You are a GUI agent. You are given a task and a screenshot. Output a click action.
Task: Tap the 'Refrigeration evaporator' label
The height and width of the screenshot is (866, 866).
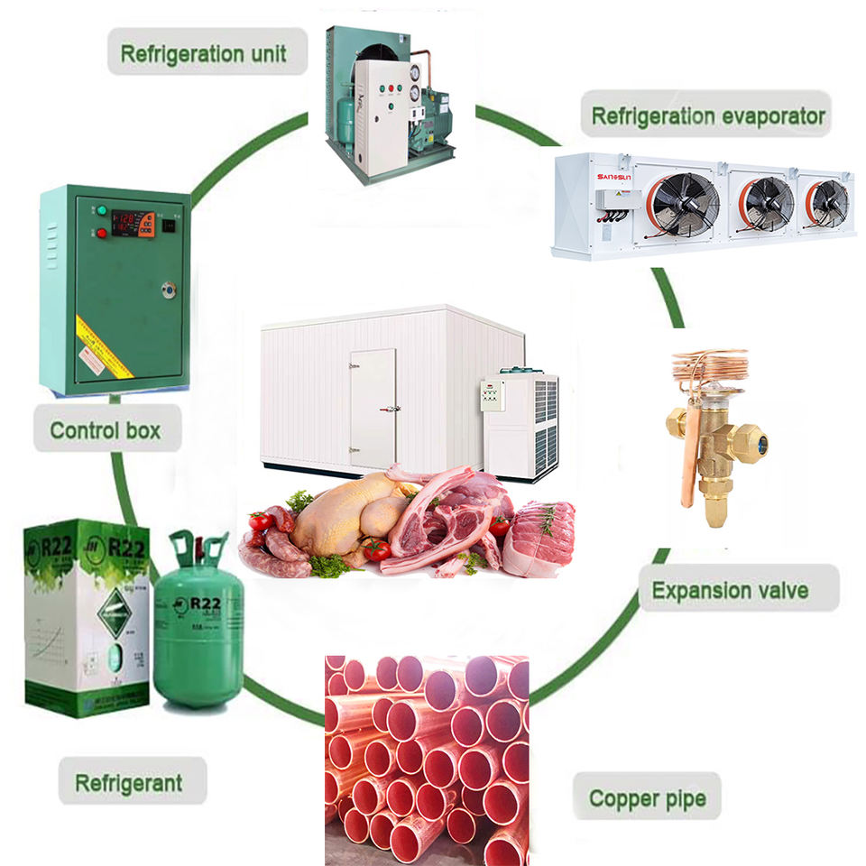click(707, 116)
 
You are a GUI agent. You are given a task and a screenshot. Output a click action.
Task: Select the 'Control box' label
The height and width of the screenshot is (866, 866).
click(106, 429)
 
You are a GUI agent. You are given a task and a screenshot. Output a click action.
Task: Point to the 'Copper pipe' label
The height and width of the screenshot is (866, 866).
click(647, 797)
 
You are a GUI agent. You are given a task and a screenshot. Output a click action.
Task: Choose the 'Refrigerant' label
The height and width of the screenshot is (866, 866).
click(128, 782)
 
